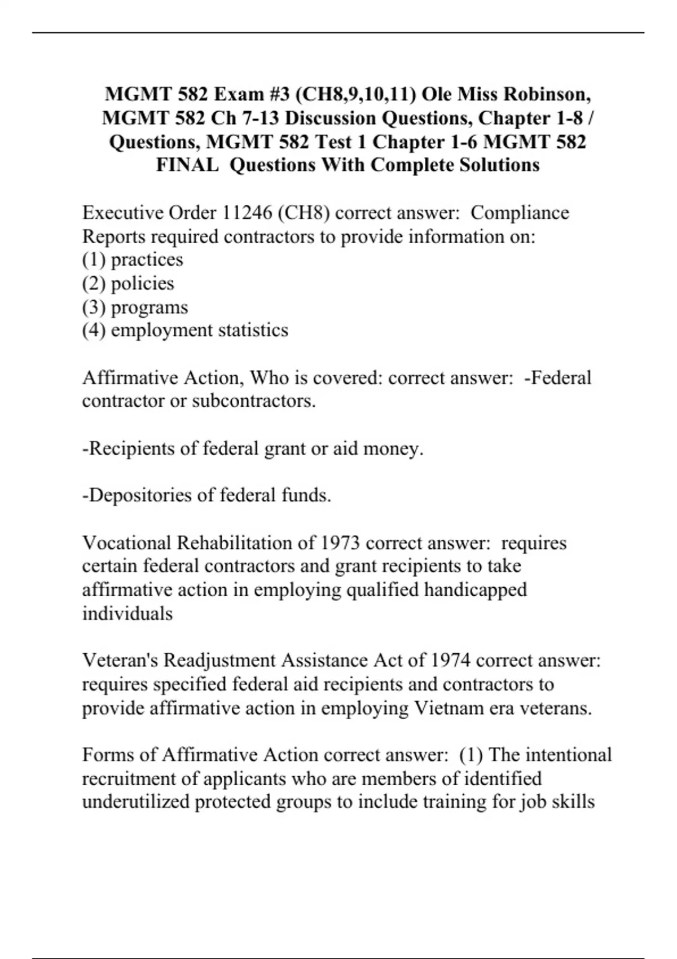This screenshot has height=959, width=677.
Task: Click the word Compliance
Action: [520, 213]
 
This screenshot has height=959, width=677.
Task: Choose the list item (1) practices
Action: [133, 259]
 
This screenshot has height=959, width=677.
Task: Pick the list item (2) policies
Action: [128, 283]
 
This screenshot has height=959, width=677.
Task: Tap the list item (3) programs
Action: [135, 307]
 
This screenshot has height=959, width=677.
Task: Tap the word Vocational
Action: [127, 543]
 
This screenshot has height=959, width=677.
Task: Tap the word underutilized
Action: [136, 802]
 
